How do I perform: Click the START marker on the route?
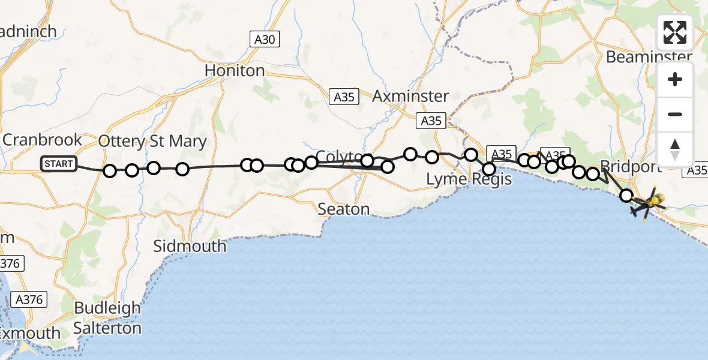(59, 164)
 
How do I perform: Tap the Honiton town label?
(235, 71)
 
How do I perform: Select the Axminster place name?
(410, 96)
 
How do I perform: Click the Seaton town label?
(343, 209)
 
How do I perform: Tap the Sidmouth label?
(190, 246)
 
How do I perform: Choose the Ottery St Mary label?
(152, 142)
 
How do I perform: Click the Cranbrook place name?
(42, 140)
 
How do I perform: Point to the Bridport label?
(630, 166)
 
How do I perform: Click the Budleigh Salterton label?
(107, 318)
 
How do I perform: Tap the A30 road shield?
(265, 40)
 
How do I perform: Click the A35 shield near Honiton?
(344, 97)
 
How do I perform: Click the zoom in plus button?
(675, 79)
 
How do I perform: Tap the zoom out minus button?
(675, 114)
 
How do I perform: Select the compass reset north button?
(675, 149)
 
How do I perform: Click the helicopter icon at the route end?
(647, 204)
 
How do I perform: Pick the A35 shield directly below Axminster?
(431, 121)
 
